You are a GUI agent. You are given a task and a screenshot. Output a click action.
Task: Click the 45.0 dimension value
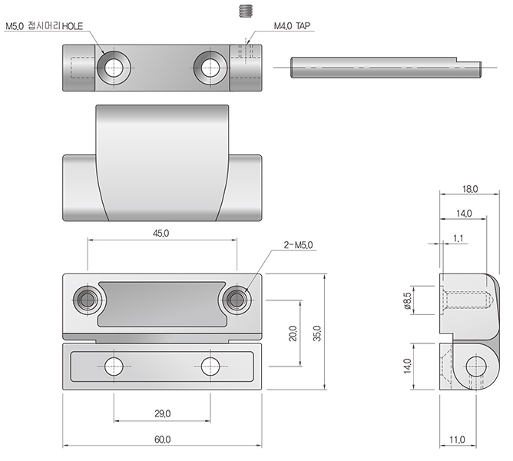pyautogui.click(x=161, y=233)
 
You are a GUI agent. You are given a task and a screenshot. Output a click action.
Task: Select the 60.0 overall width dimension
pyautogui.click(x=163, y=439)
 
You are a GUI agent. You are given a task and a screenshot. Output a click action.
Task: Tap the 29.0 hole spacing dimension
pyautogui.click(x=163, y=413)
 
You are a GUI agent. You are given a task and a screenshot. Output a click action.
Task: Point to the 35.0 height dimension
pyautogui.click(x=316, y=333)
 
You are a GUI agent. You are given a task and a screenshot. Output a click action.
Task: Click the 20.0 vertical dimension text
pyautogui.click(x=293, y=333)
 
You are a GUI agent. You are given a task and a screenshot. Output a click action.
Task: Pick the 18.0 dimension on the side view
pyautogui.click(x=470, y=189)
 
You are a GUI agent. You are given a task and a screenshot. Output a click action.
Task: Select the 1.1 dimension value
pyautogui.click(x=458, y=238)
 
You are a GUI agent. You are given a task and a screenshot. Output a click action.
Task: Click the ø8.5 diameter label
pyautogui.click(x=407, y=300)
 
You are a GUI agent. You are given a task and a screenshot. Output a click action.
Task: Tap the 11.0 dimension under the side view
pyautogui.click(x=457, y=439)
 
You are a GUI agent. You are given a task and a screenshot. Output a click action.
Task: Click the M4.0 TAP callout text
pyautogui.click(x=292, y=26)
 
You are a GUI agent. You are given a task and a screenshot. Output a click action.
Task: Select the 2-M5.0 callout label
pyautogui.click(x=298, y=245)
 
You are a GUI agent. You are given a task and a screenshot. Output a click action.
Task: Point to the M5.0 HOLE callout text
pyautogui.click(x=45, y=26)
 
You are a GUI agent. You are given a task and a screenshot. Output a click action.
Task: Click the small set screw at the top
pyautogui.click(x=246, y=11)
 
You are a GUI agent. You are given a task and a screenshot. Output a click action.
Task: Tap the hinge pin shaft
pyautogui.click(x=386, y=68)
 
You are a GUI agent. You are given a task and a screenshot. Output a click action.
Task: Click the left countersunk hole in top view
pyautogui.click(x=114, y=68)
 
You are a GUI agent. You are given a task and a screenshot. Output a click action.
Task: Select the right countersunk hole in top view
pyautogui.click(x=210, y=68)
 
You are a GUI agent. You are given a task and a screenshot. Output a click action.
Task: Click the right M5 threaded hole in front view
pyautogui.click(x=237, y=300)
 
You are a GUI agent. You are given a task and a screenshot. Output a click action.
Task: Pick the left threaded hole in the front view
pyautogui.click(x=88, y=300)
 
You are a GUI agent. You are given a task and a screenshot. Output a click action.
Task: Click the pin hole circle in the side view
pyautogui.click(x=476, y=366)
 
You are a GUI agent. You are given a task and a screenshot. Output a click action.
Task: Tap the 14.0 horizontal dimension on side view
pyautogui.click(x=464, y=214)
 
